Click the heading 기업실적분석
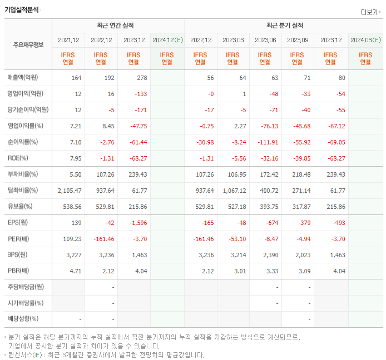click(22, 9)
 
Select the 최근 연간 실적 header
click(118, 26)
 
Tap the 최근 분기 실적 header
click(284, 26)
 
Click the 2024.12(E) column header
click(167, 41)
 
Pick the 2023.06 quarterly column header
click(266, 41)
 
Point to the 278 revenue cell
click(141, 77)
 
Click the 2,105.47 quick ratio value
click(70, 191)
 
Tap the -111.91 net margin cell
click(268, 142)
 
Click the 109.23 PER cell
click(72, 239)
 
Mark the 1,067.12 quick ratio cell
click(234, 191)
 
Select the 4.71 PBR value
click(76, 271)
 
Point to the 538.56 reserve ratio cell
click(72, 207)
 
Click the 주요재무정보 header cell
click(28, 45)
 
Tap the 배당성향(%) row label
click(23, 319)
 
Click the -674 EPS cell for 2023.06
click(271, 223)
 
